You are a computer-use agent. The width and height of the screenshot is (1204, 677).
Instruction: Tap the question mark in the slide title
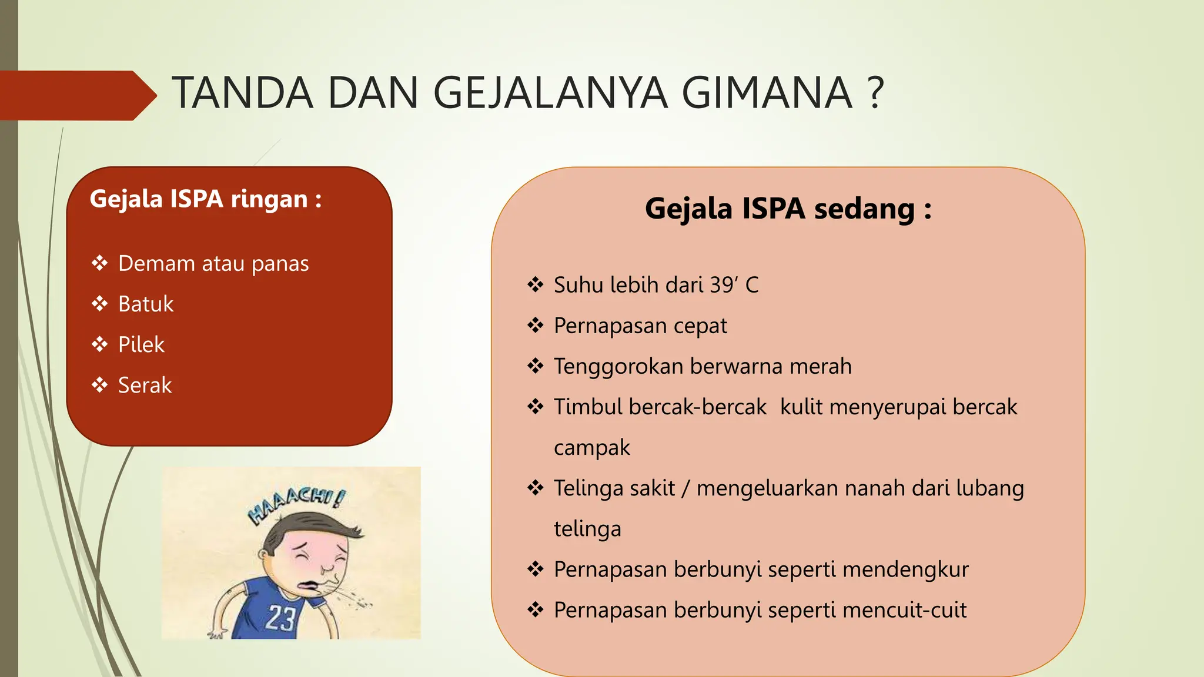pyautogui.click(x=875, y=93)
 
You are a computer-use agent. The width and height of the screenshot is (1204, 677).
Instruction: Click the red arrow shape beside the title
pyautogui.click(x=76, y=95)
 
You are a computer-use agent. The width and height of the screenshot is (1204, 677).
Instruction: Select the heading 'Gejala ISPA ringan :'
pyautogui.click(x=206, y=199)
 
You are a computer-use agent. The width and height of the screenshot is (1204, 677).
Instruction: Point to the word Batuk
pyautogui.click(x=146, y=304)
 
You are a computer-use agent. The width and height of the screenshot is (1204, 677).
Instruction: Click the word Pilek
pyautogui.click(x=141, y=345)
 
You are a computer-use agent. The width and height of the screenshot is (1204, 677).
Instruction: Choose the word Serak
pyautogui.click(x=145, y=386)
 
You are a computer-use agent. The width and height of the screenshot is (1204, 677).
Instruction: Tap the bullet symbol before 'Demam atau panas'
pyautogui.click(x=100, y=263)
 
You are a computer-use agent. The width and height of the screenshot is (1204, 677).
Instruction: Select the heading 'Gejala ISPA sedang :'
pyautogui.click(x=788, y=209)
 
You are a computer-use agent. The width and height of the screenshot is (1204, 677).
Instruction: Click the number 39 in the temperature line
pyautogui.click(x=721, y=285)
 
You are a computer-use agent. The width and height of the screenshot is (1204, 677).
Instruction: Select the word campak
pyautogui.click(x=591, y=448)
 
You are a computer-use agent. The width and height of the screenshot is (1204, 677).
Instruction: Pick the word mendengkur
pyautogui.click(x=905, y=569)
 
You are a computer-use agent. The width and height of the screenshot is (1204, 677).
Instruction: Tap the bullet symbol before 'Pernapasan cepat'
pyautogui.click(x=536, y=326)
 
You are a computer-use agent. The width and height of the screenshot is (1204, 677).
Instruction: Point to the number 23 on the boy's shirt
pyautogui.click(x=280, y=618)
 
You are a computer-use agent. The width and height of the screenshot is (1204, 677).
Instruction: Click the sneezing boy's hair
pyautogui.click(x=317, y=527)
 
